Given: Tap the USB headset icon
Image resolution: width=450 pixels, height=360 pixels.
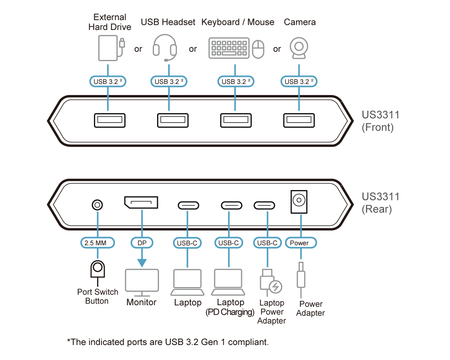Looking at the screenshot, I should pos(165,47).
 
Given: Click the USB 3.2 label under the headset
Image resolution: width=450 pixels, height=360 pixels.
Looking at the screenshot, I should pos(169,82).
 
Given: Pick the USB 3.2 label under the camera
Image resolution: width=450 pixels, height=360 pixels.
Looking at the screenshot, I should pos(299,82).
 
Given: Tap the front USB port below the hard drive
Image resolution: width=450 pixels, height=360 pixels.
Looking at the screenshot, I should pos(110,120).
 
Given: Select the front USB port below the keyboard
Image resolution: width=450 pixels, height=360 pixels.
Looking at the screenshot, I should pos(236,120).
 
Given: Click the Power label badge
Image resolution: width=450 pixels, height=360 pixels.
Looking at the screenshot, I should pos(300,243).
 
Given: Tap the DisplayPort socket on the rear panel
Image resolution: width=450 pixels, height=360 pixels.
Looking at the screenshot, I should pos(141,202).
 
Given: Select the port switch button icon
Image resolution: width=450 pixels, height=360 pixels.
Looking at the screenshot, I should pos(97,269).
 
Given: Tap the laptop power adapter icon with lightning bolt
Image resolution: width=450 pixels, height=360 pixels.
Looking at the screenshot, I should pos(271,282).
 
